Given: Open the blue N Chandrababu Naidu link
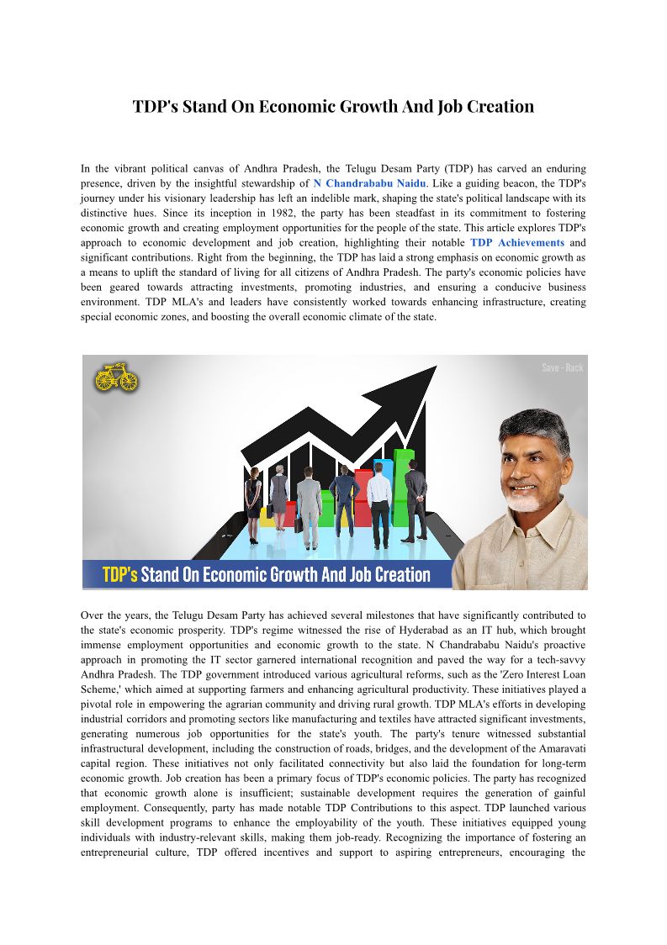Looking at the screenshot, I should [x=370, y=182].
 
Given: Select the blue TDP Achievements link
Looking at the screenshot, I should [x=516, y=242].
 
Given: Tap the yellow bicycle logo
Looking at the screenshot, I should [x=116, y=377].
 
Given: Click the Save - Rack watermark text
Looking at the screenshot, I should [x=562, y=367].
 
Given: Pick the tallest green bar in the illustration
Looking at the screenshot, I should [x=405, y=488].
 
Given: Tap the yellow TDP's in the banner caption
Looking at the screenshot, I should [x=119, y=575].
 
